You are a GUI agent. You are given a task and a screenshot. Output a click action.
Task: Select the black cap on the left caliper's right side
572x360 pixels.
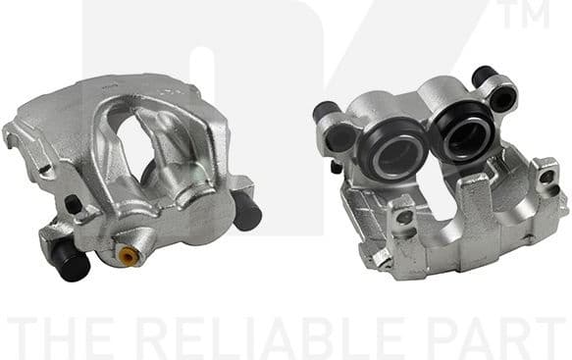coord(245,210)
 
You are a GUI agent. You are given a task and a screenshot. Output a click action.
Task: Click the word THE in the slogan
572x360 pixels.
coord(65,336)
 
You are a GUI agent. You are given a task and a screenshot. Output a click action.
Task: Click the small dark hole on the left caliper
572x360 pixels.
coord(73,206)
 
